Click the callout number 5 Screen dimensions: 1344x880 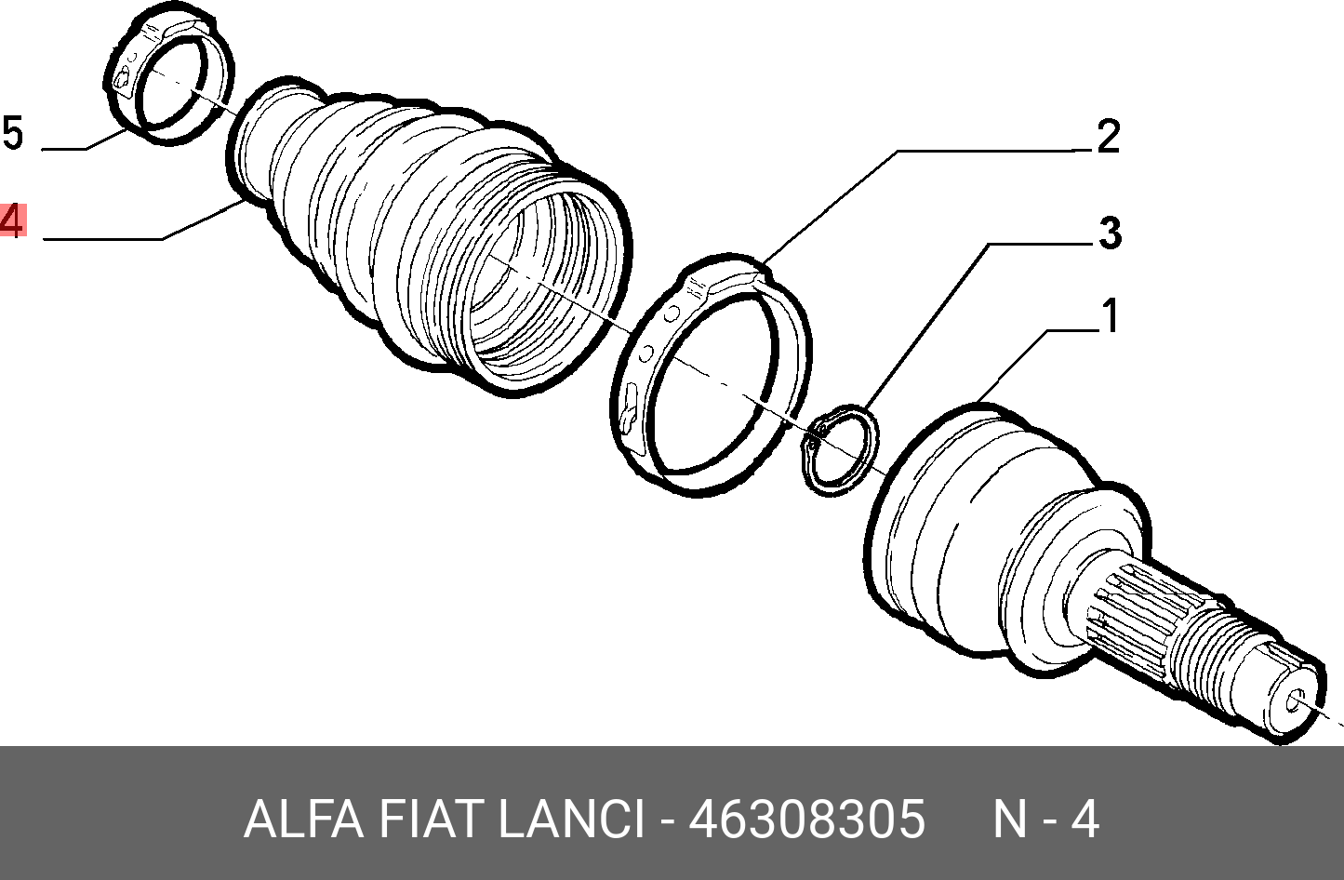pyautogui.click(x=12, y=133)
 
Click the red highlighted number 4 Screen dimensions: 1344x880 pyautogui.click(x=12, y=220)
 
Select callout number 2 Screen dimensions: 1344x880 pyautogui.click(x=1108, y=136)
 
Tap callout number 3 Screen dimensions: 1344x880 pyautogui.click(x=1110, y=233)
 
